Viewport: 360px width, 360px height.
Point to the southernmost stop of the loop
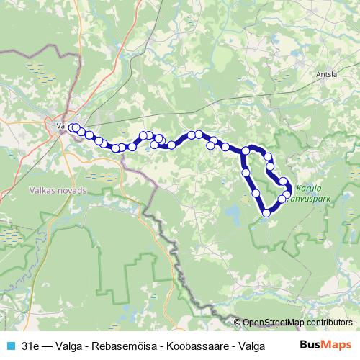[x=266, y=212]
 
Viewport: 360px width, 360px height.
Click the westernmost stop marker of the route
[x=71, y=127]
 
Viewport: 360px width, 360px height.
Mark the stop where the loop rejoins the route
[x=246, y=150]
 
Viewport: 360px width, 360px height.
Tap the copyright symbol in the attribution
[x=238, y=323]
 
